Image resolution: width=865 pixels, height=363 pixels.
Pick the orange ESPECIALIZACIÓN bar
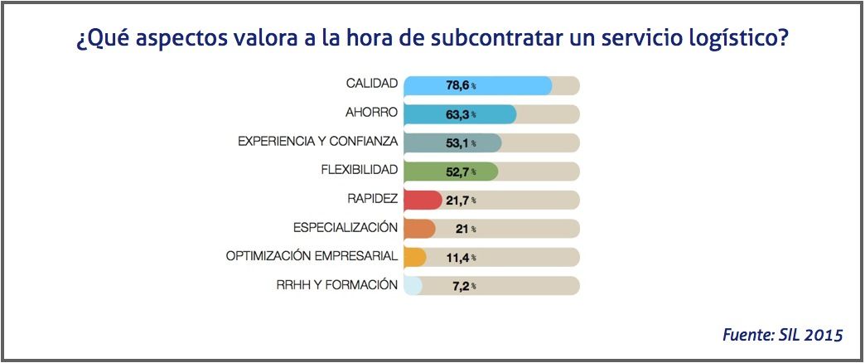418,229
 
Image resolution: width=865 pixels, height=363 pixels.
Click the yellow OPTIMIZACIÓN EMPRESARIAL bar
414,257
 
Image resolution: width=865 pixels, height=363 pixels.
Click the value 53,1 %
461,143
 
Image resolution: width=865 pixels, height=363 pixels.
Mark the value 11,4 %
461,257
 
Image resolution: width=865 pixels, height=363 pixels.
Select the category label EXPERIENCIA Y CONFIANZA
318,143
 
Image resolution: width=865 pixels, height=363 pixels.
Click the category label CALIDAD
372,85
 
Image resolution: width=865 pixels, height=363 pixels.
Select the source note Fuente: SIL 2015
782,335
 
